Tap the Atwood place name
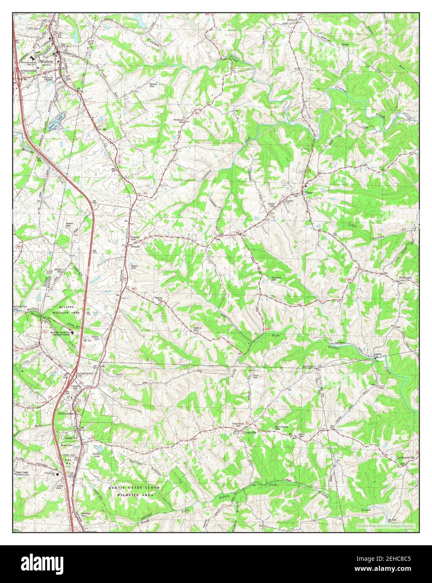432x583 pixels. pyautogui.click(x=292, y=20)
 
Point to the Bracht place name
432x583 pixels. pyautogui.click(x=135, y=247)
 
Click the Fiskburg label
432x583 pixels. pyautogui.click(x=406, y=277)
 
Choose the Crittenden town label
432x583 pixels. pyautogui.click(x=63, y=413)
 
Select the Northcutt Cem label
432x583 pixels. pyautogui.click(x=179, y=120)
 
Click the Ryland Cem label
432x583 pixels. pyautogui.click(x=153, y=85)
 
